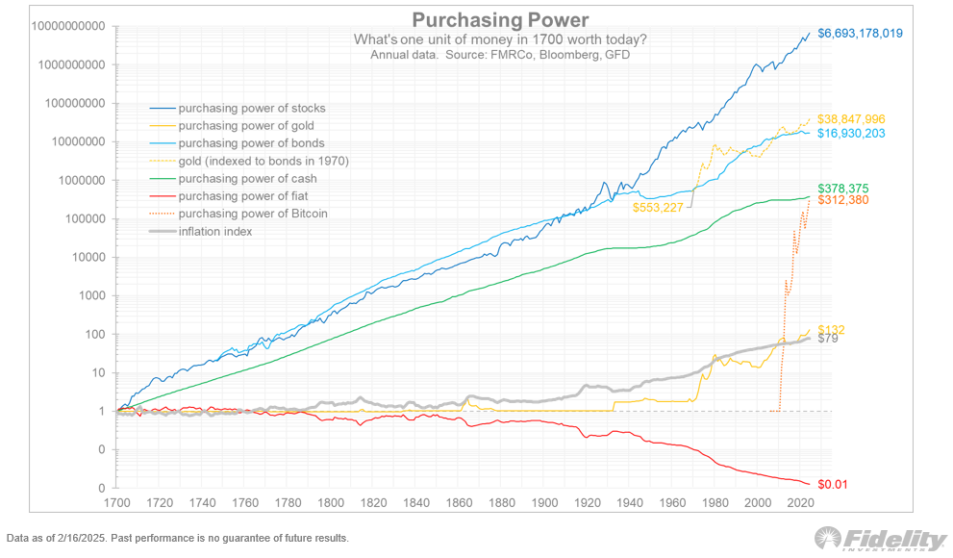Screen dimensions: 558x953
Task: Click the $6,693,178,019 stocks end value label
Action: tap(862, 34)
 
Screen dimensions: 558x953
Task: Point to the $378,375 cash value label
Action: tap(843, 188)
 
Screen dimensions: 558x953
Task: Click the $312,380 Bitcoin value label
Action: tap(843, 200)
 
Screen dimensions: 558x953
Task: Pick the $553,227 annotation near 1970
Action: tap(658, 206)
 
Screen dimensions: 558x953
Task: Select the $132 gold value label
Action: tap(830, 329)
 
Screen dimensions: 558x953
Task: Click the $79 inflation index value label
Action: tap(827, 339)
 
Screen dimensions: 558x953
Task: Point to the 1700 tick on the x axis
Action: tap(117, 503)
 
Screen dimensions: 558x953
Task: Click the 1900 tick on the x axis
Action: tap(544, 503)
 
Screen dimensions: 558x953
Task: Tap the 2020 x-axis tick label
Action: tap(801, 503)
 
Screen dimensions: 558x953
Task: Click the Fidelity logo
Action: tap(880, 540)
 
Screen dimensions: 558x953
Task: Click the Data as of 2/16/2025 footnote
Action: tap(178, 538)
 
